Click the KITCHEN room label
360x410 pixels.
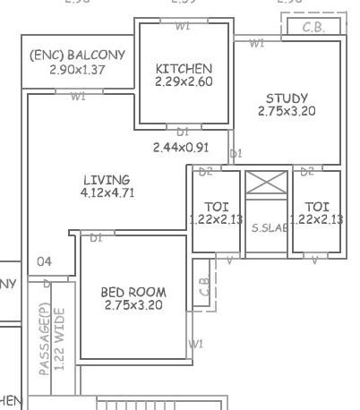click(183, 69)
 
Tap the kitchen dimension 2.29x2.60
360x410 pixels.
click(183, 81)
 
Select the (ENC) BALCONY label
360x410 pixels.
click(77, 56)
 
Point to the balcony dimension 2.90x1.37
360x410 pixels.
click(77, 69)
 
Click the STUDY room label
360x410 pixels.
click(287, 98)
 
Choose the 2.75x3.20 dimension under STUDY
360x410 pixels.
click(287, 112)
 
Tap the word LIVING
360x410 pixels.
click(106, 180)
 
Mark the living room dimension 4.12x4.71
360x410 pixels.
click(107, 192)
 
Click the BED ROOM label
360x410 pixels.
click(133, 292)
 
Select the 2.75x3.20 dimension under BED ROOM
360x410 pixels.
click(133, 305)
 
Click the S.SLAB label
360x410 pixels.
click(269, 228)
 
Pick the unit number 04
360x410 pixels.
click(44, 262)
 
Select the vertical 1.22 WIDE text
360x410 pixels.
click(60, 338)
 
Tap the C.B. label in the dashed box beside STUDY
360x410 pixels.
click(313, 28)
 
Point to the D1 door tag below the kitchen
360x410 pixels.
click(183, 131)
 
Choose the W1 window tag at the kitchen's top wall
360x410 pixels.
click(183, 26)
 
